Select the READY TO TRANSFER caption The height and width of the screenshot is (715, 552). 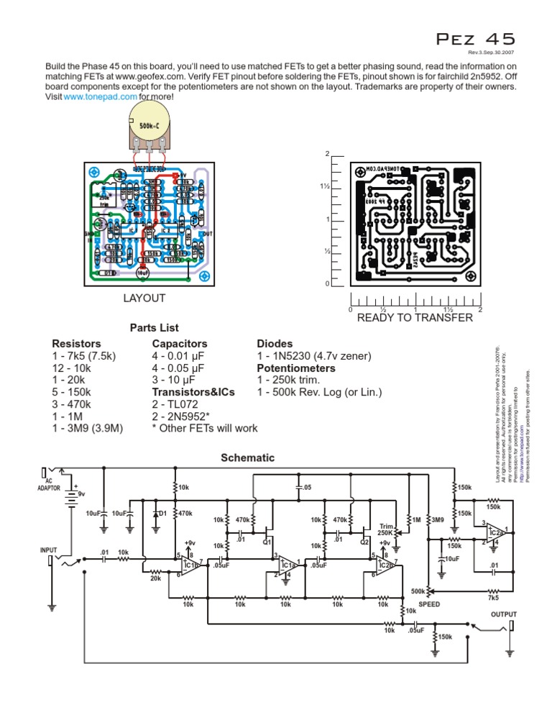coord(415,318)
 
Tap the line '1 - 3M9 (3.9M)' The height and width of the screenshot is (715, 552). coord(88,429)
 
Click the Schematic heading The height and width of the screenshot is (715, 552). coord(247,457)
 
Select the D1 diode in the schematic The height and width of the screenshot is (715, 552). coord(157,514)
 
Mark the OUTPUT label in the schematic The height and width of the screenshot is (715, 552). coord(504,614)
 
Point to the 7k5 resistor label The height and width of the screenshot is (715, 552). coord(493,597)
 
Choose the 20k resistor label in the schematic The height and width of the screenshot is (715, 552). coord(155,578)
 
